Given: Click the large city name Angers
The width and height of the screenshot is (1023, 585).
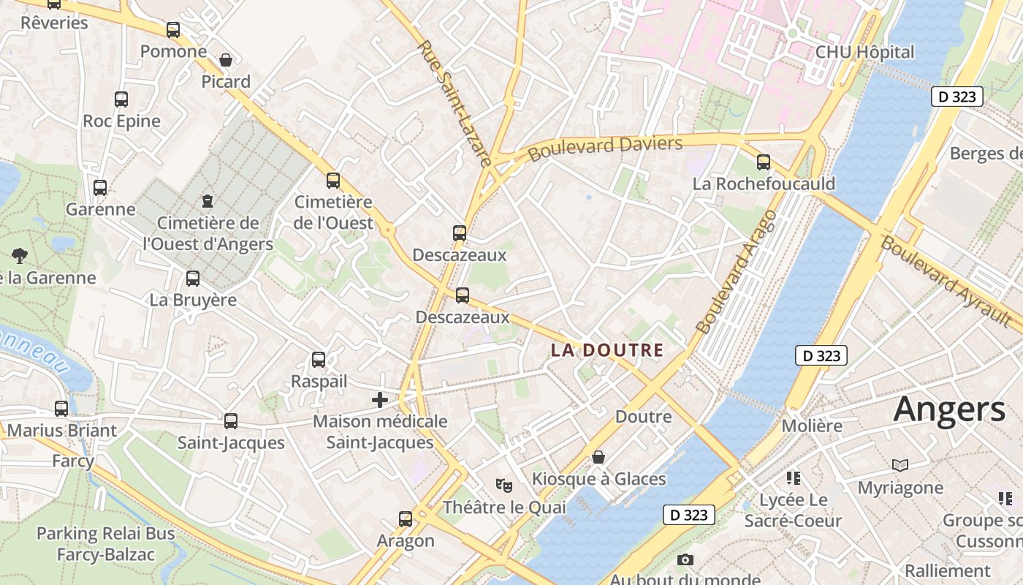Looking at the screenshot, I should click(949, 409).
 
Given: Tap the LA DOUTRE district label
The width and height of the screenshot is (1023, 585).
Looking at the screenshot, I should click(607, 350).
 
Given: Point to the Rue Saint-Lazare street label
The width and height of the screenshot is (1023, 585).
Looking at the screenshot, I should click(454, 102).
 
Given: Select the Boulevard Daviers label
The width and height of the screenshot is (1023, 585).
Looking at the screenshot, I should click(605, 148).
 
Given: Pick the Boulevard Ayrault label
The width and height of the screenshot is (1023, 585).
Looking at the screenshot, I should click(946, 282).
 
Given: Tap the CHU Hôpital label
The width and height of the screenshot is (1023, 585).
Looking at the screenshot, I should click(864, 52).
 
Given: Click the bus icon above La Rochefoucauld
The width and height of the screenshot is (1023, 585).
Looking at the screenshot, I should click(764, 162).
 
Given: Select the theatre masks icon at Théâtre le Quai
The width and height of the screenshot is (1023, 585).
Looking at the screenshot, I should click(503, 485).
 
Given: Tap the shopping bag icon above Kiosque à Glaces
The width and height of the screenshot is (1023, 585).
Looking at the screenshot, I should click(598, 457).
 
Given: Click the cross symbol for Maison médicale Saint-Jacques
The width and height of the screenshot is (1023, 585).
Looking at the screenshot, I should click(380, 399).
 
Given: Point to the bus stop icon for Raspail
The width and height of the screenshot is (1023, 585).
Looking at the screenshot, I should click(319, 360).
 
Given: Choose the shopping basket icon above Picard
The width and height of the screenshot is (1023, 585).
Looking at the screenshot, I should click(226, 59).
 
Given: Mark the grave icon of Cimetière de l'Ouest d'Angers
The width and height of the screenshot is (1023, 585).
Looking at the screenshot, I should click(208, 200).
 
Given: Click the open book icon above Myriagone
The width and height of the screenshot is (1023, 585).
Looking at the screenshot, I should click(900, 465).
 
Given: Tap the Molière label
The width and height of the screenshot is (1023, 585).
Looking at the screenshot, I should click(812, 426).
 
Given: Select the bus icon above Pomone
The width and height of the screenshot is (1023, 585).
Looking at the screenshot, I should click(173, 30).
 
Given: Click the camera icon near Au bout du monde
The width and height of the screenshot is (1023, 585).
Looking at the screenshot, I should click(685, 560).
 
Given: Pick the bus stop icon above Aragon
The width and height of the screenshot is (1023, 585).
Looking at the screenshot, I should click(406, 519).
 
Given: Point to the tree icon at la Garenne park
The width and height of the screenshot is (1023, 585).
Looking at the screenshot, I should click(20, 255).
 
